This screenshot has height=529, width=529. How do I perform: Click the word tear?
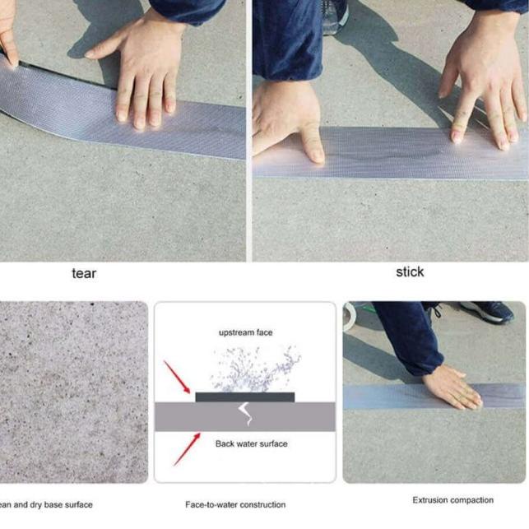pos(84,273)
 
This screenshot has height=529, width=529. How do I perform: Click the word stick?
pos(410,272)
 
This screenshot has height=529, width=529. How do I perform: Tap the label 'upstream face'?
pos(245,332)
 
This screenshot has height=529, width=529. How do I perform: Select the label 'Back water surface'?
pos(251,444)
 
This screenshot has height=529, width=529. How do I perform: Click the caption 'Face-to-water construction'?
pos(235,504)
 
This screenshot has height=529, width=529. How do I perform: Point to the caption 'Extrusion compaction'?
pos(452,499)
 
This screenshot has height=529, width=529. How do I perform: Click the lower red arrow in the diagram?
pos(186,448)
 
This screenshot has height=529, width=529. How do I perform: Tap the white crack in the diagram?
pos(244,414)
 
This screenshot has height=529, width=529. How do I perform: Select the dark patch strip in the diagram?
pos(244,397)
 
